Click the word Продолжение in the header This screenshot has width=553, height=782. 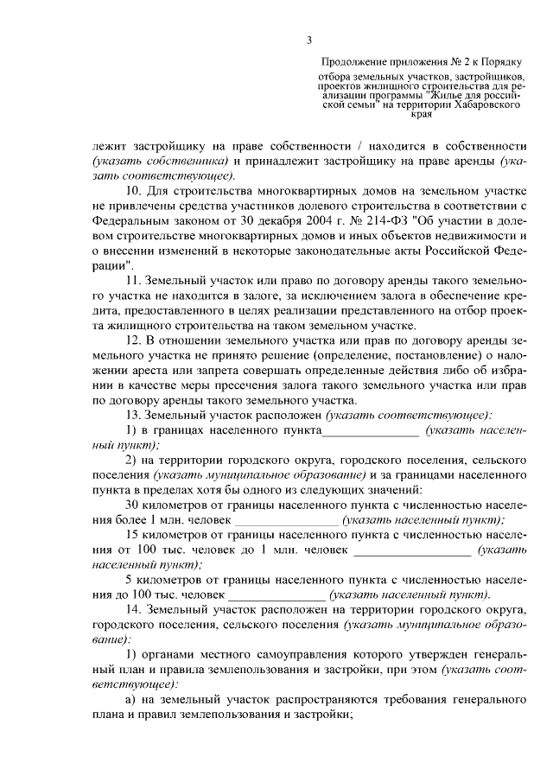click(x=353, y=62)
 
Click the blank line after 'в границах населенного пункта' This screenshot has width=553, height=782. click(x=370, y=429)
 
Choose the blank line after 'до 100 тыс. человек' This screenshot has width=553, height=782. click(x=276, y=594)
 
